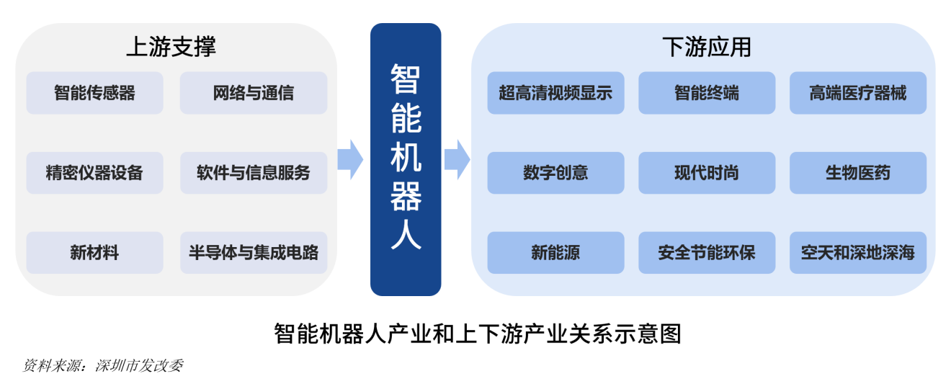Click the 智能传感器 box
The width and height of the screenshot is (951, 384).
tap(94, 93)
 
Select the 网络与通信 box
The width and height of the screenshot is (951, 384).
tap(253, 93)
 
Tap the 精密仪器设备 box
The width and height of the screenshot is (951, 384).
tap(94, 173)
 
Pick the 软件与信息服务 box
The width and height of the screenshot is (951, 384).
tap(253, 173)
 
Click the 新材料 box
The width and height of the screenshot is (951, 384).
tap(94, 253)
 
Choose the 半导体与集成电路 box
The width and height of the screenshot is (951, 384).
tap(253, 253)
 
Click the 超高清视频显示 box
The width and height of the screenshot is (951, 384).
tap(555, 93)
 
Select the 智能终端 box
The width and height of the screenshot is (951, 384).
tap(707, 93)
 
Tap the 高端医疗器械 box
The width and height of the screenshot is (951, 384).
tap(857, 93)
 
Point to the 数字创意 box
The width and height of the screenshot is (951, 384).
tap(555, 173)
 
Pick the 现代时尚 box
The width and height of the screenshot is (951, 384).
tap(707, 173)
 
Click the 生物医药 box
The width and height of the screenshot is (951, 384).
tap(857, 173)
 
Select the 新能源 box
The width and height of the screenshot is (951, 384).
tap(555, 253)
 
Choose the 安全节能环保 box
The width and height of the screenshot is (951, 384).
tap(707, 253)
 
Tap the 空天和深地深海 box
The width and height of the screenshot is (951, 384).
tap(857, 253)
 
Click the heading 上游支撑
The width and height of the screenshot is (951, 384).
tap(171, 48)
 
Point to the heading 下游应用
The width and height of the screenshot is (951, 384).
tap(707, 48)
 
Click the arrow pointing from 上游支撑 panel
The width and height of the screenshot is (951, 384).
tap(350, 159)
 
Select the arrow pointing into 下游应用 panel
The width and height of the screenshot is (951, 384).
tap(457, 159)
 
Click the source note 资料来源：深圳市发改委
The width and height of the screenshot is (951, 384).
tap(103, 366)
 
